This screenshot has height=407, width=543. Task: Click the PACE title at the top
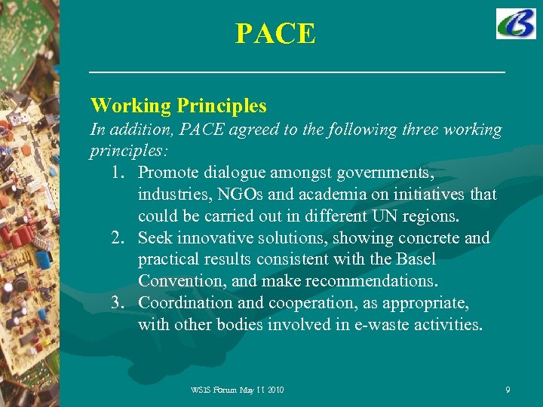275,34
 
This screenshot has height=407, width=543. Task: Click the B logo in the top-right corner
516,24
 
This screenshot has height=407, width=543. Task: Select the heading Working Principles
178,105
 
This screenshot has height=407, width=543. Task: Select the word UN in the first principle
380,216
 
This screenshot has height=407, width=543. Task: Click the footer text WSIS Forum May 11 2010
238,390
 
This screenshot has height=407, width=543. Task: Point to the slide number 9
508,390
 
